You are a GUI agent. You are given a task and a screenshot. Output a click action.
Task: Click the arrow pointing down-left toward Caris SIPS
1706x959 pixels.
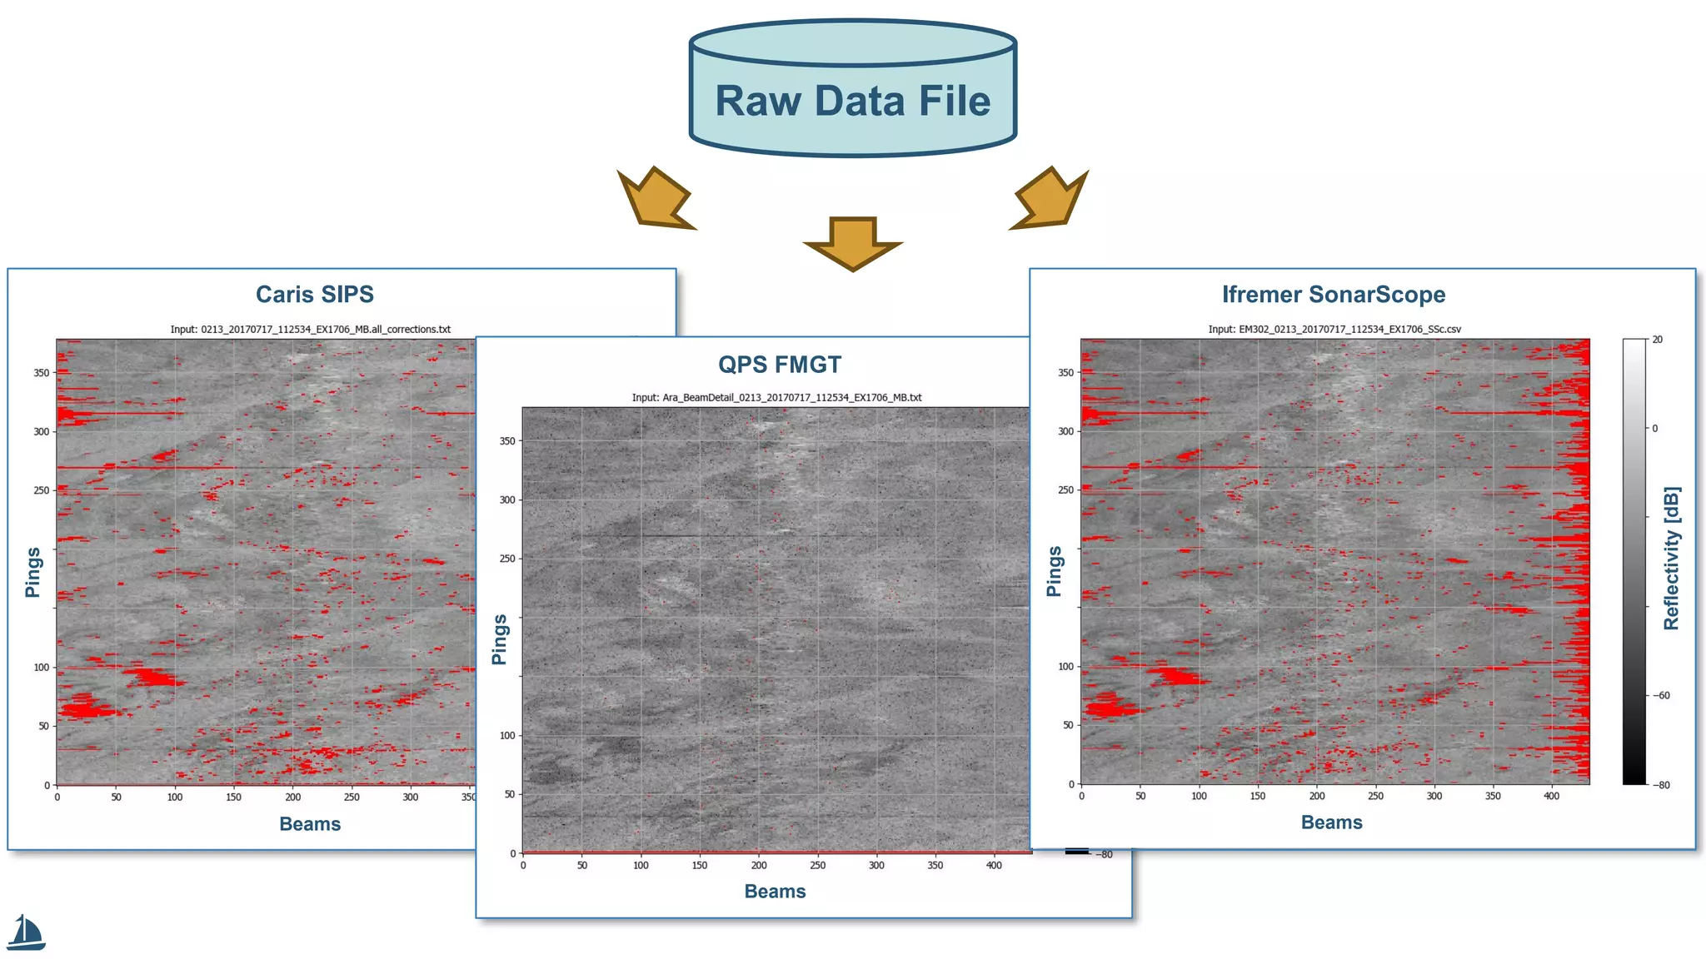click(654, 200)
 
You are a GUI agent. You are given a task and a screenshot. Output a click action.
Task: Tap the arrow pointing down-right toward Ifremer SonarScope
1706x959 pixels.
click(1050, 200)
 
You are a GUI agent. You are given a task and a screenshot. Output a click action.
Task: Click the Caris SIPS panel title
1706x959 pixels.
click(314, 295)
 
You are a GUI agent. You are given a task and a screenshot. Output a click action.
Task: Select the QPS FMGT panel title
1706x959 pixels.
click(780, 365)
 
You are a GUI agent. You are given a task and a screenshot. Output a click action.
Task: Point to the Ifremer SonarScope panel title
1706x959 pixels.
click(1333, 295)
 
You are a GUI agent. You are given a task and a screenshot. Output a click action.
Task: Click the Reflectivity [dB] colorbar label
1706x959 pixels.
click(1671, 558)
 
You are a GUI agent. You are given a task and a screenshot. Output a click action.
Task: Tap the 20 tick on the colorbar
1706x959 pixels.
click(1657, 340)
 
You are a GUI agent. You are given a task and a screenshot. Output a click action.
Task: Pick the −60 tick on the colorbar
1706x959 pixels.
click(1662, 696)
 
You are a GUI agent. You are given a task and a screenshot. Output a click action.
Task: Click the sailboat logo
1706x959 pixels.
click(26, 933)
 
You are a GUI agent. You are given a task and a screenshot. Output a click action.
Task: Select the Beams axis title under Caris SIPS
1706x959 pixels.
click(310, 824)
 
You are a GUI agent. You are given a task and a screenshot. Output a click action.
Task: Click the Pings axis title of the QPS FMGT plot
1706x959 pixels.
click(500, 639)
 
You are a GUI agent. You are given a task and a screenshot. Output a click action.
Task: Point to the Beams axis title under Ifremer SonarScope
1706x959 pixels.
click(1331, 822)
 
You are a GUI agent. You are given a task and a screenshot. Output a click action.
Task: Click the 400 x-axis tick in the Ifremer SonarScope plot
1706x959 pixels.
click(1551, 797)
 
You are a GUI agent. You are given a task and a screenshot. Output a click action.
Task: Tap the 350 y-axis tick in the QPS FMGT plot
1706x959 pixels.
click(506, 441)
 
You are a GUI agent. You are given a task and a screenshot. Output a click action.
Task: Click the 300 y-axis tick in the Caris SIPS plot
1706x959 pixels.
click(41, 432)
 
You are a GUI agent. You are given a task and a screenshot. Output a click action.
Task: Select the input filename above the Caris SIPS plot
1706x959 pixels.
click(310, 330)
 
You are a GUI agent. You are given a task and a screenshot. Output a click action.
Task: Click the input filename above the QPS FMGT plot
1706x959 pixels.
click(776, 398)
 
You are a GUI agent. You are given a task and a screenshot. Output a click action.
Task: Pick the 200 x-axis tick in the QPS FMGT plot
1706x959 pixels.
click(759, 866)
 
